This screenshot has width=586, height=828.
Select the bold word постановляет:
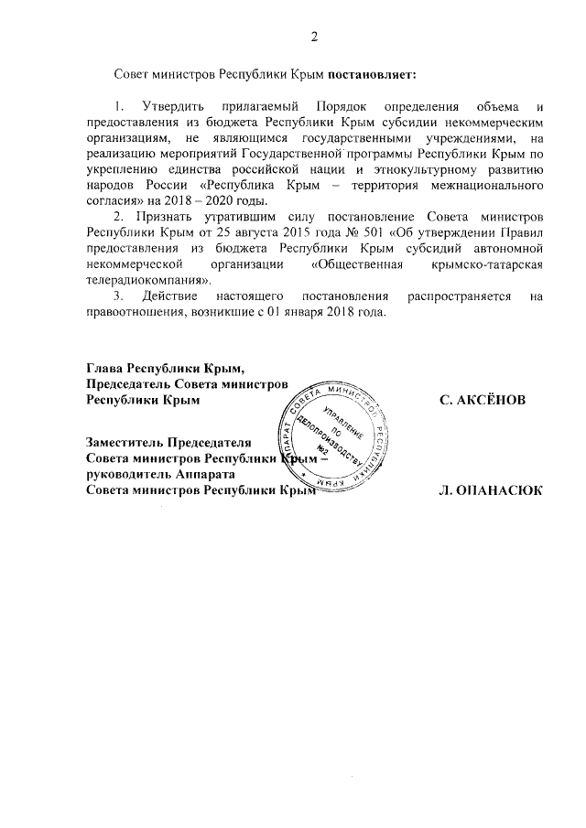[376, 71]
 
